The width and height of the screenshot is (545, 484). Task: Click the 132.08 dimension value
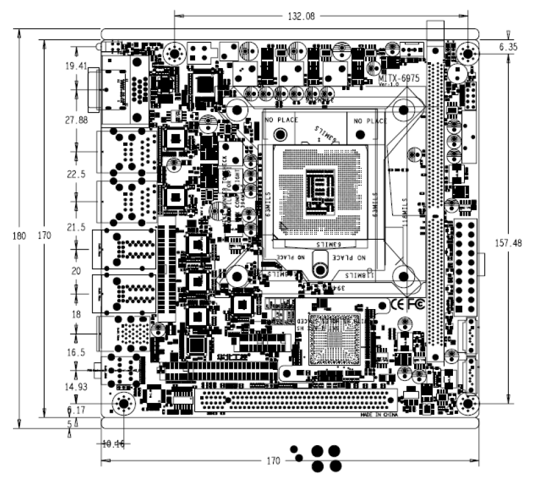(x=301, y=17)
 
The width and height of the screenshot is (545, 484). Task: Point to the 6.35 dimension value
(x=509, y=47)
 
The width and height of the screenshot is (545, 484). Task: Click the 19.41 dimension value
(x=76, y=66)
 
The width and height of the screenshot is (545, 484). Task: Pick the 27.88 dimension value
(x=76, y=120)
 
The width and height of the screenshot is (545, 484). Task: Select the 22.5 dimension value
(x=76, y=174)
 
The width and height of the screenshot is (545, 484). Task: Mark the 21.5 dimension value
(x=76, y=227)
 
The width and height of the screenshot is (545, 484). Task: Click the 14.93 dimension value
(x=76, y=387)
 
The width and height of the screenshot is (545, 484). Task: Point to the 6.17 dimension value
(x=76, y=410)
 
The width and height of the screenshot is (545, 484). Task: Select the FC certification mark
(x=415, y=303)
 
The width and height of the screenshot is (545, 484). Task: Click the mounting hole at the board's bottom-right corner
(x=465, y=403)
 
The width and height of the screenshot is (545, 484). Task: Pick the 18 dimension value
(x=76, y=314)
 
